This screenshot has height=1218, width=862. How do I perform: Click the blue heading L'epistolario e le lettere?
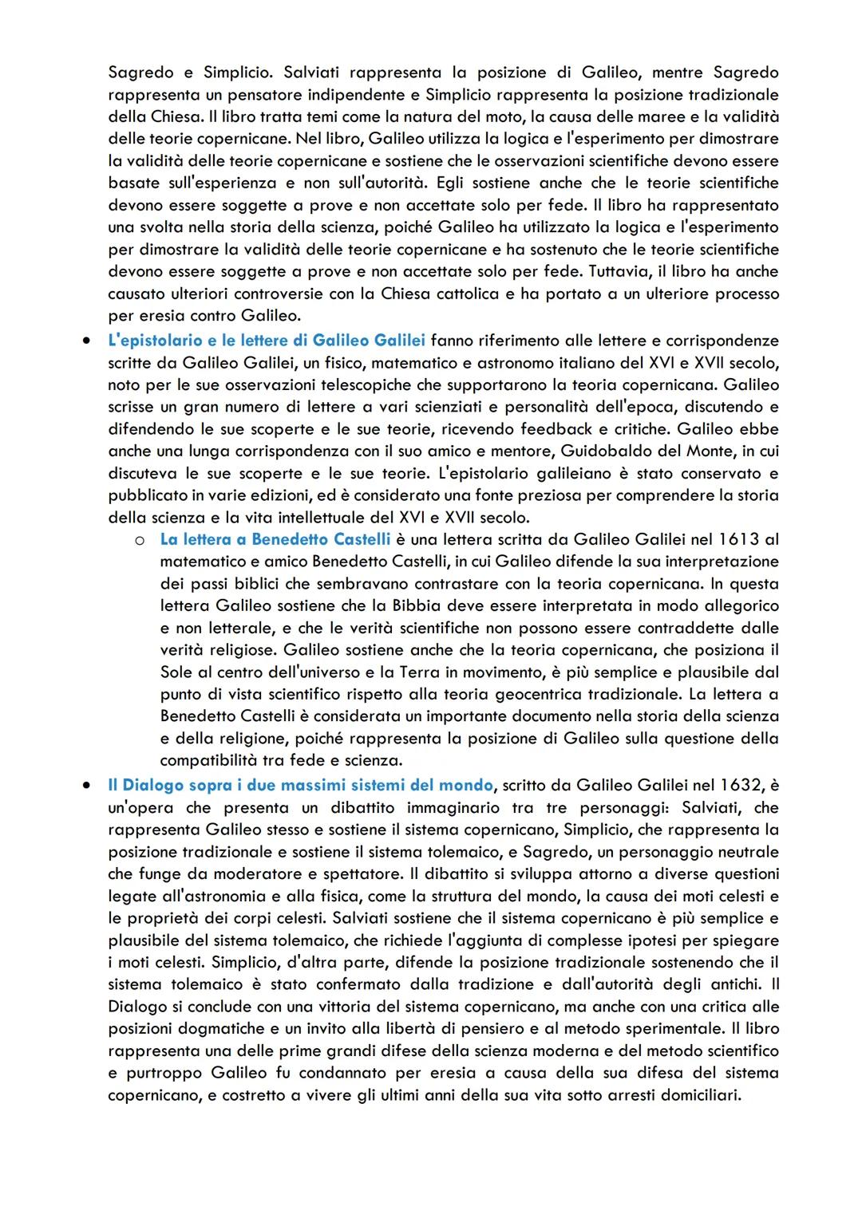coord(266,341)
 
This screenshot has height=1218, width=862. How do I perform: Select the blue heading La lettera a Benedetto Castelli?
coord(275,539)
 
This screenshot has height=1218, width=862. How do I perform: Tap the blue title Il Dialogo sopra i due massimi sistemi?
coord(300,786)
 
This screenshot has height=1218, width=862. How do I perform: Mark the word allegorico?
coord(737,606)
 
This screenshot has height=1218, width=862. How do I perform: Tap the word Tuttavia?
coord(620,271)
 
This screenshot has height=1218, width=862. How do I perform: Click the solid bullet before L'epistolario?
coord(85,341)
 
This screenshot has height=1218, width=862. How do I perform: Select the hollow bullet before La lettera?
coord(139,541)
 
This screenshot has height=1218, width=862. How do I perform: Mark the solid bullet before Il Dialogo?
coord(85,786)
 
